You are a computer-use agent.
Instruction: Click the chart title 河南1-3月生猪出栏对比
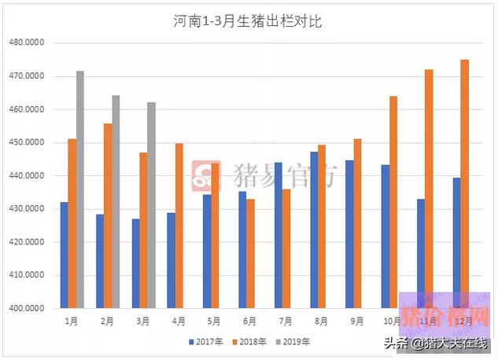point(248,22)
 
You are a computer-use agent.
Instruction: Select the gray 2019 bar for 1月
point(79,189)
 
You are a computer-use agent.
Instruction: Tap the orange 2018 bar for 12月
point(465,184)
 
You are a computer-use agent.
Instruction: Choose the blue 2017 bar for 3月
point(135,263)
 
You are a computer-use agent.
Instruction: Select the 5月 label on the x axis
point(214,321)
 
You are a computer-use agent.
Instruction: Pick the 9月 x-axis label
point(357,321)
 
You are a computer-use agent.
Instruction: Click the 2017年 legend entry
point(207,342)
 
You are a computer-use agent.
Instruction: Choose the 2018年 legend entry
point(251,342)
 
